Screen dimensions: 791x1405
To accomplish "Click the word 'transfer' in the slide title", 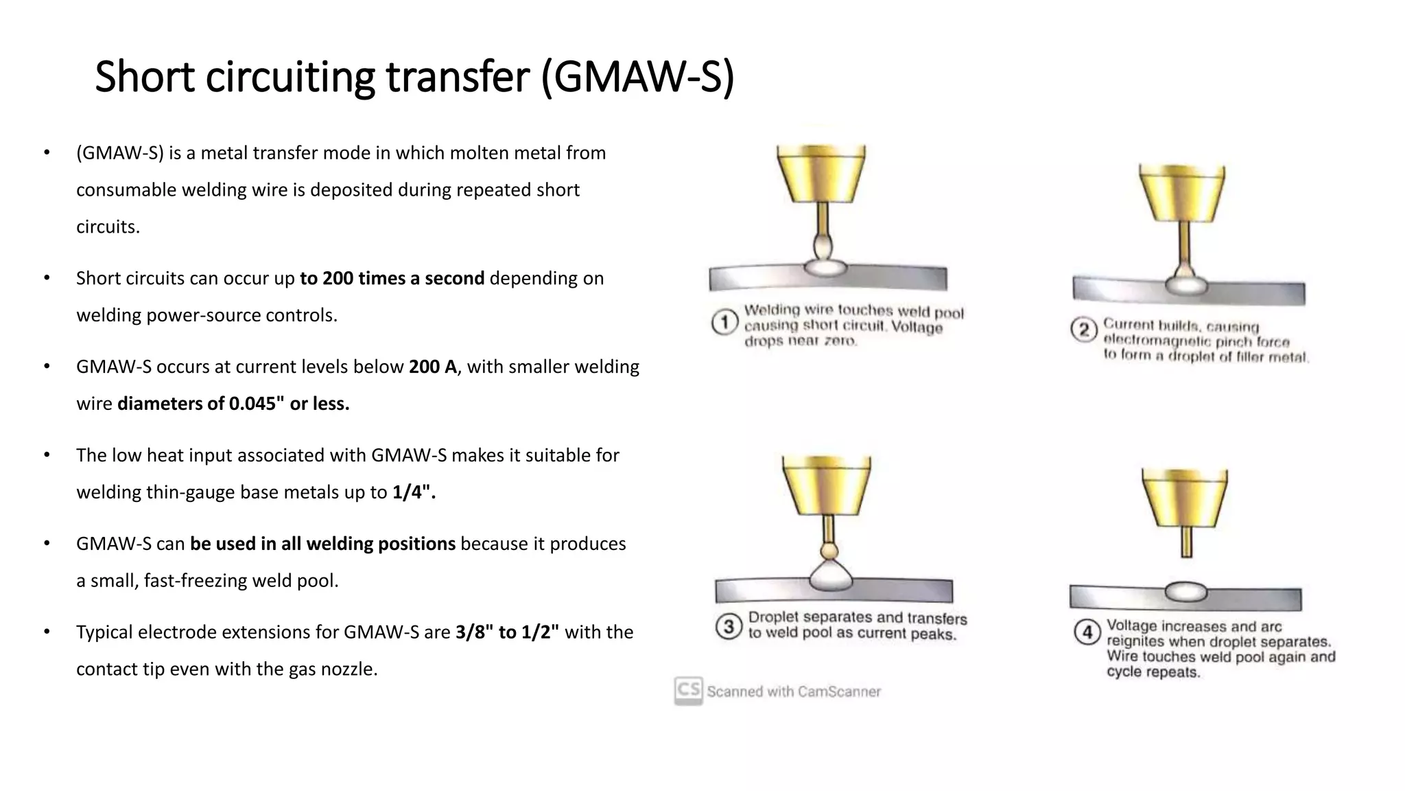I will pos(458,76).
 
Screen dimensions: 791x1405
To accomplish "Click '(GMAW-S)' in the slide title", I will pos(637,76).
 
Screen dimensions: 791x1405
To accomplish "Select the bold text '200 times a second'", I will pos(392,278).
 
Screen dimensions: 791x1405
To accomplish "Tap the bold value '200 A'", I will pos(432,367).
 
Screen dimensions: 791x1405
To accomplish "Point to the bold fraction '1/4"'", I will pos(414,492).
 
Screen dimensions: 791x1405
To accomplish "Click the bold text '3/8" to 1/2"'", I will pos(507,632).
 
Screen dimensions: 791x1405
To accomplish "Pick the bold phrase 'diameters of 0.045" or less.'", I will pos(233,404).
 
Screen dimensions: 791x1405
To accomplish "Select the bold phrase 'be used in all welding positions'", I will pos(322,544).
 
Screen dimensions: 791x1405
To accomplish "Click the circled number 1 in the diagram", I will pos(724,322).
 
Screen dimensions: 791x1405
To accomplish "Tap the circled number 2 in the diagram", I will pos(1083,330).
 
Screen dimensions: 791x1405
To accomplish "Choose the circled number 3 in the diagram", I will pos(729,626).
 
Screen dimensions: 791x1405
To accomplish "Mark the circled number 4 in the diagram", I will pos(1087,631).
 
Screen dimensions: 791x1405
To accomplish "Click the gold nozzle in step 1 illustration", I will pos(820,173).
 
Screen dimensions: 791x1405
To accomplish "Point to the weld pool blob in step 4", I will pos(1185,591).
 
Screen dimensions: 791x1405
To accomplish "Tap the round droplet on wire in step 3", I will pos(829,550).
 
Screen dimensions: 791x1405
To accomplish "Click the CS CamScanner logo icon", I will pos(688,690).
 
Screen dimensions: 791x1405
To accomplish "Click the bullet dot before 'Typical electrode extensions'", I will pos(47,632).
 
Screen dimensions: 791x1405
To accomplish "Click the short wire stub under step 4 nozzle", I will pos(1186,541).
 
